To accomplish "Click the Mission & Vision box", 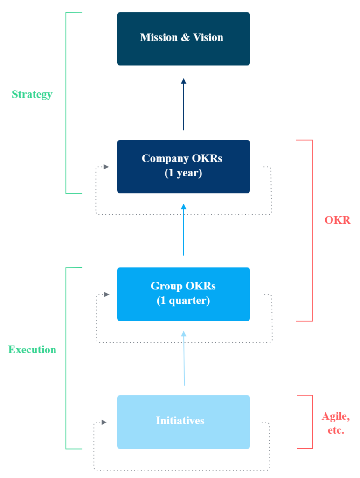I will (183, 39).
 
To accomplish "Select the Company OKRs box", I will (183, 166).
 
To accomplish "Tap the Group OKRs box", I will (183, 294).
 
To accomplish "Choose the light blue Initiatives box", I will (183, 422).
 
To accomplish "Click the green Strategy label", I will (32, 94).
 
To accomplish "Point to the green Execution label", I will (32, 350).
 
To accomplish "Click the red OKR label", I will (337, 220).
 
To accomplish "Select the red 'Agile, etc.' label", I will (336, 423).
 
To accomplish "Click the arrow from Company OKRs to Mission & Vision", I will (183, 105).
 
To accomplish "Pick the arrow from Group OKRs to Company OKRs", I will (183, 230).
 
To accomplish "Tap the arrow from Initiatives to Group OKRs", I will (184, 358).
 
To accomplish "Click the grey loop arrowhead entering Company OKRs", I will (106, 167).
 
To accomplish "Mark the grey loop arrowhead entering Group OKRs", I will (107, 294).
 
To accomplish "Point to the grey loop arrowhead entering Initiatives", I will (104, 422).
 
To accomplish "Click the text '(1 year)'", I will (183, 173).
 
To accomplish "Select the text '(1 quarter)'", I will (183, 301).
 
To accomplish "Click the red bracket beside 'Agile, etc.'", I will (312, 422).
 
